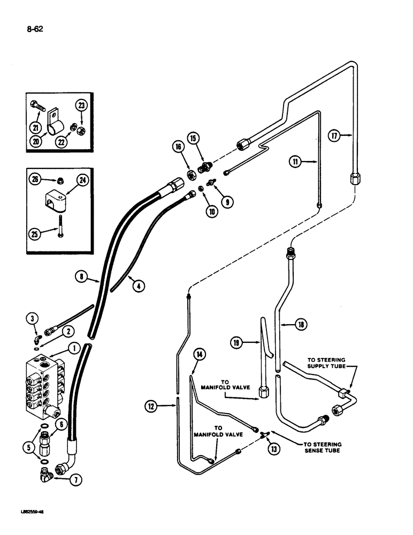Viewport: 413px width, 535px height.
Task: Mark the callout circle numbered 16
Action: [x=178, y=148]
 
